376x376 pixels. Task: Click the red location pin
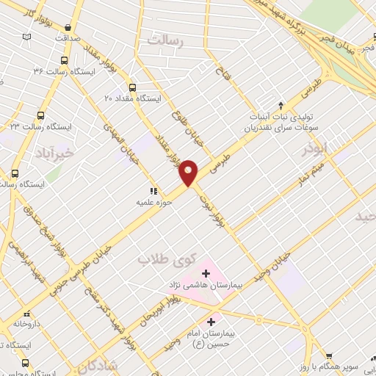189,172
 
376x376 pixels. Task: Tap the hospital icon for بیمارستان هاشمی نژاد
205,274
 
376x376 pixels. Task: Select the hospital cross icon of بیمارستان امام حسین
211,321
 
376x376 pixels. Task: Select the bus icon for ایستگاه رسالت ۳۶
65,61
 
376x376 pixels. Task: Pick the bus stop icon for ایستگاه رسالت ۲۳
40,115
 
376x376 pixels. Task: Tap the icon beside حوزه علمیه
153,191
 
